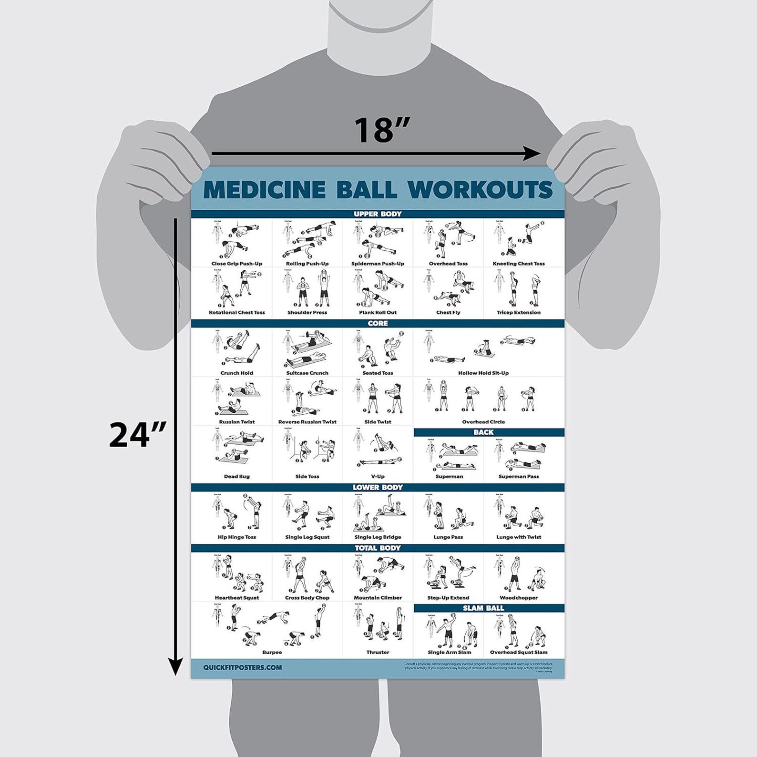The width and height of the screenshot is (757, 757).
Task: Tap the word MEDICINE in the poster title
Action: [x=265, y=189]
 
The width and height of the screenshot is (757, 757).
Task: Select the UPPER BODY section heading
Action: [x=378, y=214]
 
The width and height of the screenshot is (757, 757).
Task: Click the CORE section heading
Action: [x=378, y=323]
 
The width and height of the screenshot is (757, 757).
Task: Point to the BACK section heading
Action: [x=483, y=432]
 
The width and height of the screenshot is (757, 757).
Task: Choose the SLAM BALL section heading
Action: [x=483, y=608]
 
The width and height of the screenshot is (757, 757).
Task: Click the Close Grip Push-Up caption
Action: [x=237, y=264]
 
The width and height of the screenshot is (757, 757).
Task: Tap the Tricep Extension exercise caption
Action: [x=519, y=313]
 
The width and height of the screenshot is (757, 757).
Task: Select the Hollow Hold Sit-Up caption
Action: [x=483, y=373]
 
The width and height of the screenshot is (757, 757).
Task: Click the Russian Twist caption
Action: [x=237, y=422]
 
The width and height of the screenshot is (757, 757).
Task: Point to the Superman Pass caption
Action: [x=519, y=477]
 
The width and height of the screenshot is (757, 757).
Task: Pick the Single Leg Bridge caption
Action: [x=378, y=537]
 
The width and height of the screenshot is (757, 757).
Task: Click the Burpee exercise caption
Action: [x=272, y=652]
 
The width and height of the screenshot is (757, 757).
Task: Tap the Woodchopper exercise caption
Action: [x=519, y=598]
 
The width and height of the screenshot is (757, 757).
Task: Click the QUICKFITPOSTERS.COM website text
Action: [x=242, y=667]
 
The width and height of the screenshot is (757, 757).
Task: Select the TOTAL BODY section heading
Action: [x=378, y=548]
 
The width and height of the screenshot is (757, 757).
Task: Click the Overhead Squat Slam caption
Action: [x=519, y=652]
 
